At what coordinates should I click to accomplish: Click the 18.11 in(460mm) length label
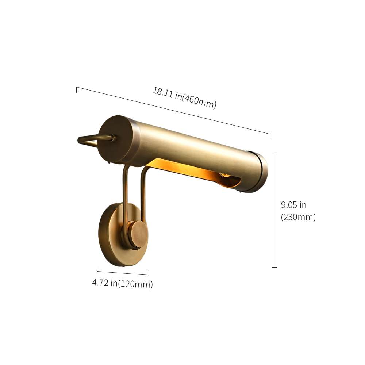tap(184, 98)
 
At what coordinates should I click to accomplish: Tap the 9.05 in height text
tap(293, 205)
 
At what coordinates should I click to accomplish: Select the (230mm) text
tap(298, 217)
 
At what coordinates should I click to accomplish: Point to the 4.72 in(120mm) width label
tap(122, 284)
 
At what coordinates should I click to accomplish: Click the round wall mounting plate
tap(109, 235)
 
